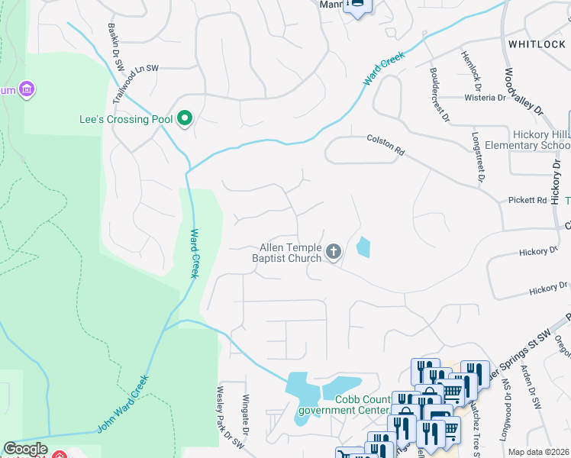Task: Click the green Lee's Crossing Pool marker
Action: click(184, 119)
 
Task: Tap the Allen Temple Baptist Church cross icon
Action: click(333, 252)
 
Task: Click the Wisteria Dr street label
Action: click(486, 98)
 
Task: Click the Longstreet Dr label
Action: click(479, 156)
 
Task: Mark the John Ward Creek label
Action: click(123, 403)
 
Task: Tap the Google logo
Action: click(25, 449)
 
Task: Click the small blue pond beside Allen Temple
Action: click(363, 247)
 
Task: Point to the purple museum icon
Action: click(27, 90)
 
